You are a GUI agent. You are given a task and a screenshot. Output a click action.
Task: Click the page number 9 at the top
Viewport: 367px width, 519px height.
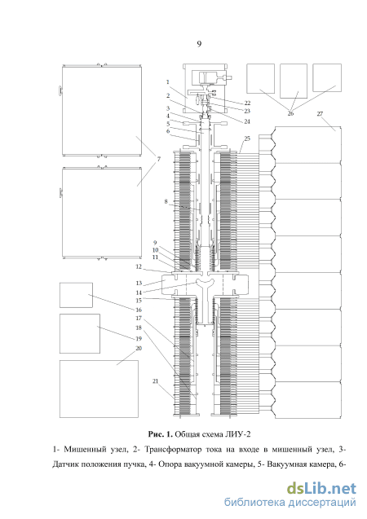point(199,44)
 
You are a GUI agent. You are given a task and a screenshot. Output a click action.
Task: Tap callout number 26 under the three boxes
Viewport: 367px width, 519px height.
point(290,113)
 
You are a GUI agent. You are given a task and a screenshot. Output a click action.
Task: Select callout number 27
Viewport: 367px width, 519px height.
point(320,114)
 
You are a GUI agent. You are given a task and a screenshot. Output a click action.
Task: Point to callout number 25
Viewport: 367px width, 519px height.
point(247,139)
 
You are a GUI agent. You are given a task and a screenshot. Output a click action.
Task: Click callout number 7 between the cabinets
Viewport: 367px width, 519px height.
point(159,159)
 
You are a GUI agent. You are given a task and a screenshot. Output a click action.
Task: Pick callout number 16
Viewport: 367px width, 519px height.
point(139,310)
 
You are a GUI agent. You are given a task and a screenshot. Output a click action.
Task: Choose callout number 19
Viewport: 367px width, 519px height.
point(139,339)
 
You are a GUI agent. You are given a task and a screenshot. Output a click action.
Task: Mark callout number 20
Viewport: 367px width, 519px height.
point(139,348)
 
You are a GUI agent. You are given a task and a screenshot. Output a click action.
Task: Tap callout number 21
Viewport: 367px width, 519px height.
point(155,381)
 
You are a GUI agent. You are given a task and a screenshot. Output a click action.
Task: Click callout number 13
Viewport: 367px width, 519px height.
point(139,283)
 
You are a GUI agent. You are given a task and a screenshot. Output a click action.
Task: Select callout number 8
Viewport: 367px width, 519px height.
point(166,201)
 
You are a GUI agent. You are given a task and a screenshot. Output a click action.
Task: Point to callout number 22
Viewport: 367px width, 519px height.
point(247,103)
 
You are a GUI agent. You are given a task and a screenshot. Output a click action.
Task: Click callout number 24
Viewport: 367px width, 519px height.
point(247,121)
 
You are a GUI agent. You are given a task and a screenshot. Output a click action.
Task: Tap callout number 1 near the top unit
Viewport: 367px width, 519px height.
point(168,81)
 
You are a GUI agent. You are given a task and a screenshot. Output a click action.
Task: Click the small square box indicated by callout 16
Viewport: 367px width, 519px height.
point(76,295)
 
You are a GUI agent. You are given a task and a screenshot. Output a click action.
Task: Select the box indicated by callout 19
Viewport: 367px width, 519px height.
point(80,334)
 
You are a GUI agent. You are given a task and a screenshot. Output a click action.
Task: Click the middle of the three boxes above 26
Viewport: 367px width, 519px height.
point(294,81)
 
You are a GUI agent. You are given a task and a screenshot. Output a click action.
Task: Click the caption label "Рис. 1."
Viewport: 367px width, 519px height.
point(161,434)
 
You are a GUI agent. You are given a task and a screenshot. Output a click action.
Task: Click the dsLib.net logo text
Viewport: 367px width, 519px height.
point(321,489)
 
